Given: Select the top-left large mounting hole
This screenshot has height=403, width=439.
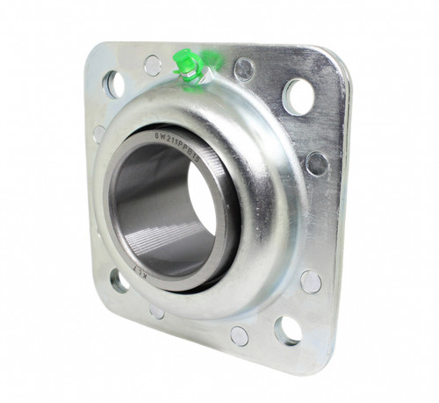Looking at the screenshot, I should coord(113,83).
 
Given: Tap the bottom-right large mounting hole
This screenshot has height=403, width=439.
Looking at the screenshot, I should coord(287,330).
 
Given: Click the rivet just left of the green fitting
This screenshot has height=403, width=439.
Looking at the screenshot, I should coord(153,65).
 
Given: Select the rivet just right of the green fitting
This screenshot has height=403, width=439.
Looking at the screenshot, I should coord(245,69).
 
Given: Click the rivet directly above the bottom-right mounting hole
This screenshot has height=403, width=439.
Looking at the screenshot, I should coord(311,281).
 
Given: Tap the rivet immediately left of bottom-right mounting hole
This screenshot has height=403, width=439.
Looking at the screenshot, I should coord(239,335).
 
